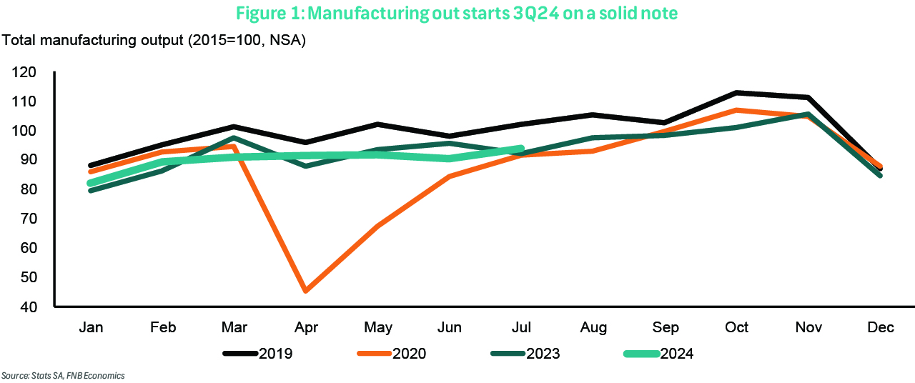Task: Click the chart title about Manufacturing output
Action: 456,14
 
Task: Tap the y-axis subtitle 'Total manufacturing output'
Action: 154,40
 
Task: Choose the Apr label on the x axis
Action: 306,327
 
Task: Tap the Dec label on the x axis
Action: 880,327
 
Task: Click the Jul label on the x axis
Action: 522,327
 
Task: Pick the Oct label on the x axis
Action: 737,327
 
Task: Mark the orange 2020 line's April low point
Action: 306,291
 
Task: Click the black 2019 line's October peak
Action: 737,93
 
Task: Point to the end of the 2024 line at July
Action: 521,149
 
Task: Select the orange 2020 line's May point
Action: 377,227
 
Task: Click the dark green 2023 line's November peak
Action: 808,114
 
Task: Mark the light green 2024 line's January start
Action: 91,183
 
